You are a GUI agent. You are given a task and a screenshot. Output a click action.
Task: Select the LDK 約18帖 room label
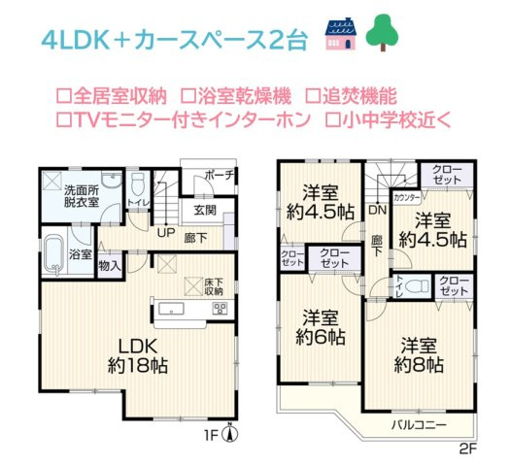point(138,356)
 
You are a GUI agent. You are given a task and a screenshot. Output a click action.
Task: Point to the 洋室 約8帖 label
point(419,355)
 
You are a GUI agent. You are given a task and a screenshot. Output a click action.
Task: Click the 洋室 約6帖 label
point(322,328)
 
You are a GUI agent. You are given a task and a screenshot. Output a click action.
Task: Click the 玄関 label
point(204,210)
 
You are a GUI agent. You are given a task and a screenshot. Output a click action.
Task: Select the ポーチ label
point(219,176)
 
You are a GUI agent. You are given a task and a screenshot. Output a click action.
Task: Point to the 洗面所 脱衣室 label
point(82,195)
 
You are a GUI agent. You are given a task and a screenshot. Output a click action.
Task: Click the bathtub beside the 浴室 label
point(52,255)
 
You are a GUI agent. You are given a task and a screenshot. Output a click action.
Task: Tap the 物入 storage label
point(109,264)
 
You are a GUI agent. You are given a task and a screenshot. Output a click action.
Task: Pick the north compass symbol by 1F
point(229,435)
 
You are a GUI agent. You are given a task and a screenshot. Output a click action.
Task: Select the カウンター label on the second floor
point(407,197)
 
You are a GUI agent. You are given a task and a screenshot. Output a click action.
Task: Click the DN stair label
point(377,208)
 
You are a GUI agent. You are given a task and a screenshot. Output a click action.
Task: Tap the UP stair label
point(167,233)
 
